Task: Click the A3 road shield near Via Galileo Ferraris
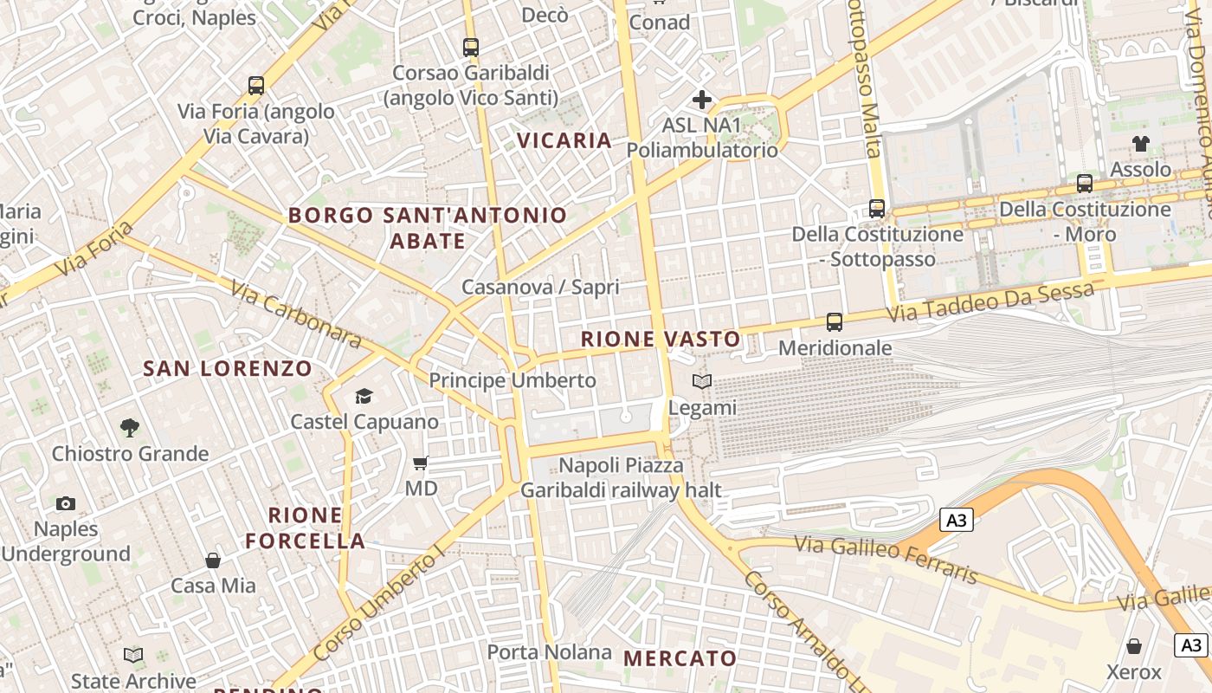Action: point(956,521)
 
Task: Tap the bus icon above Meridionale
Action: point(835,322)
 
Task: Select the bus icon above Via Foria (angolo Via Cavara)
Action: point(256,86)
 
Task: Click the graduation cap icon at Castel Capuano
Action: point(364,397)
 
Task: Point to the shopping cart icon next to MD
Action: point(421,463)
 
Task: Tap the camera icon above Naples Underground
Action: point(66,503)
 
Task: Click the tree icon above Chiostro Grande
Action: point(130,427)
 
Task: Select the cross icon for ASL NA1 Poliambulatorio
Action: point(702,100)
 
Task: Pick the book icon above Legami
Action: point(702,381)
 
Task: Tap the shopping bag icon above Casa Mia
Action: point(213,560)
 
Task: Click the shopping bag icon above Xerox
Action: point(1134,646)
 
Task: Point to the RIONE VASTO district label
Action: point(661,340)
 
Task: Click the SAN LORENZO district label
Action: point(227,369)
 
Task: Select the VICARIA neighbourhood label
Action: point(564,140)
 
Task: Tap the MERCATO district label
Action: point(680,659)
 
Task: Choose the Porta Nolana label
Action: point(549,652)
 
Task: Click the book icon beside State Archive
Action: point(133,656)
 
